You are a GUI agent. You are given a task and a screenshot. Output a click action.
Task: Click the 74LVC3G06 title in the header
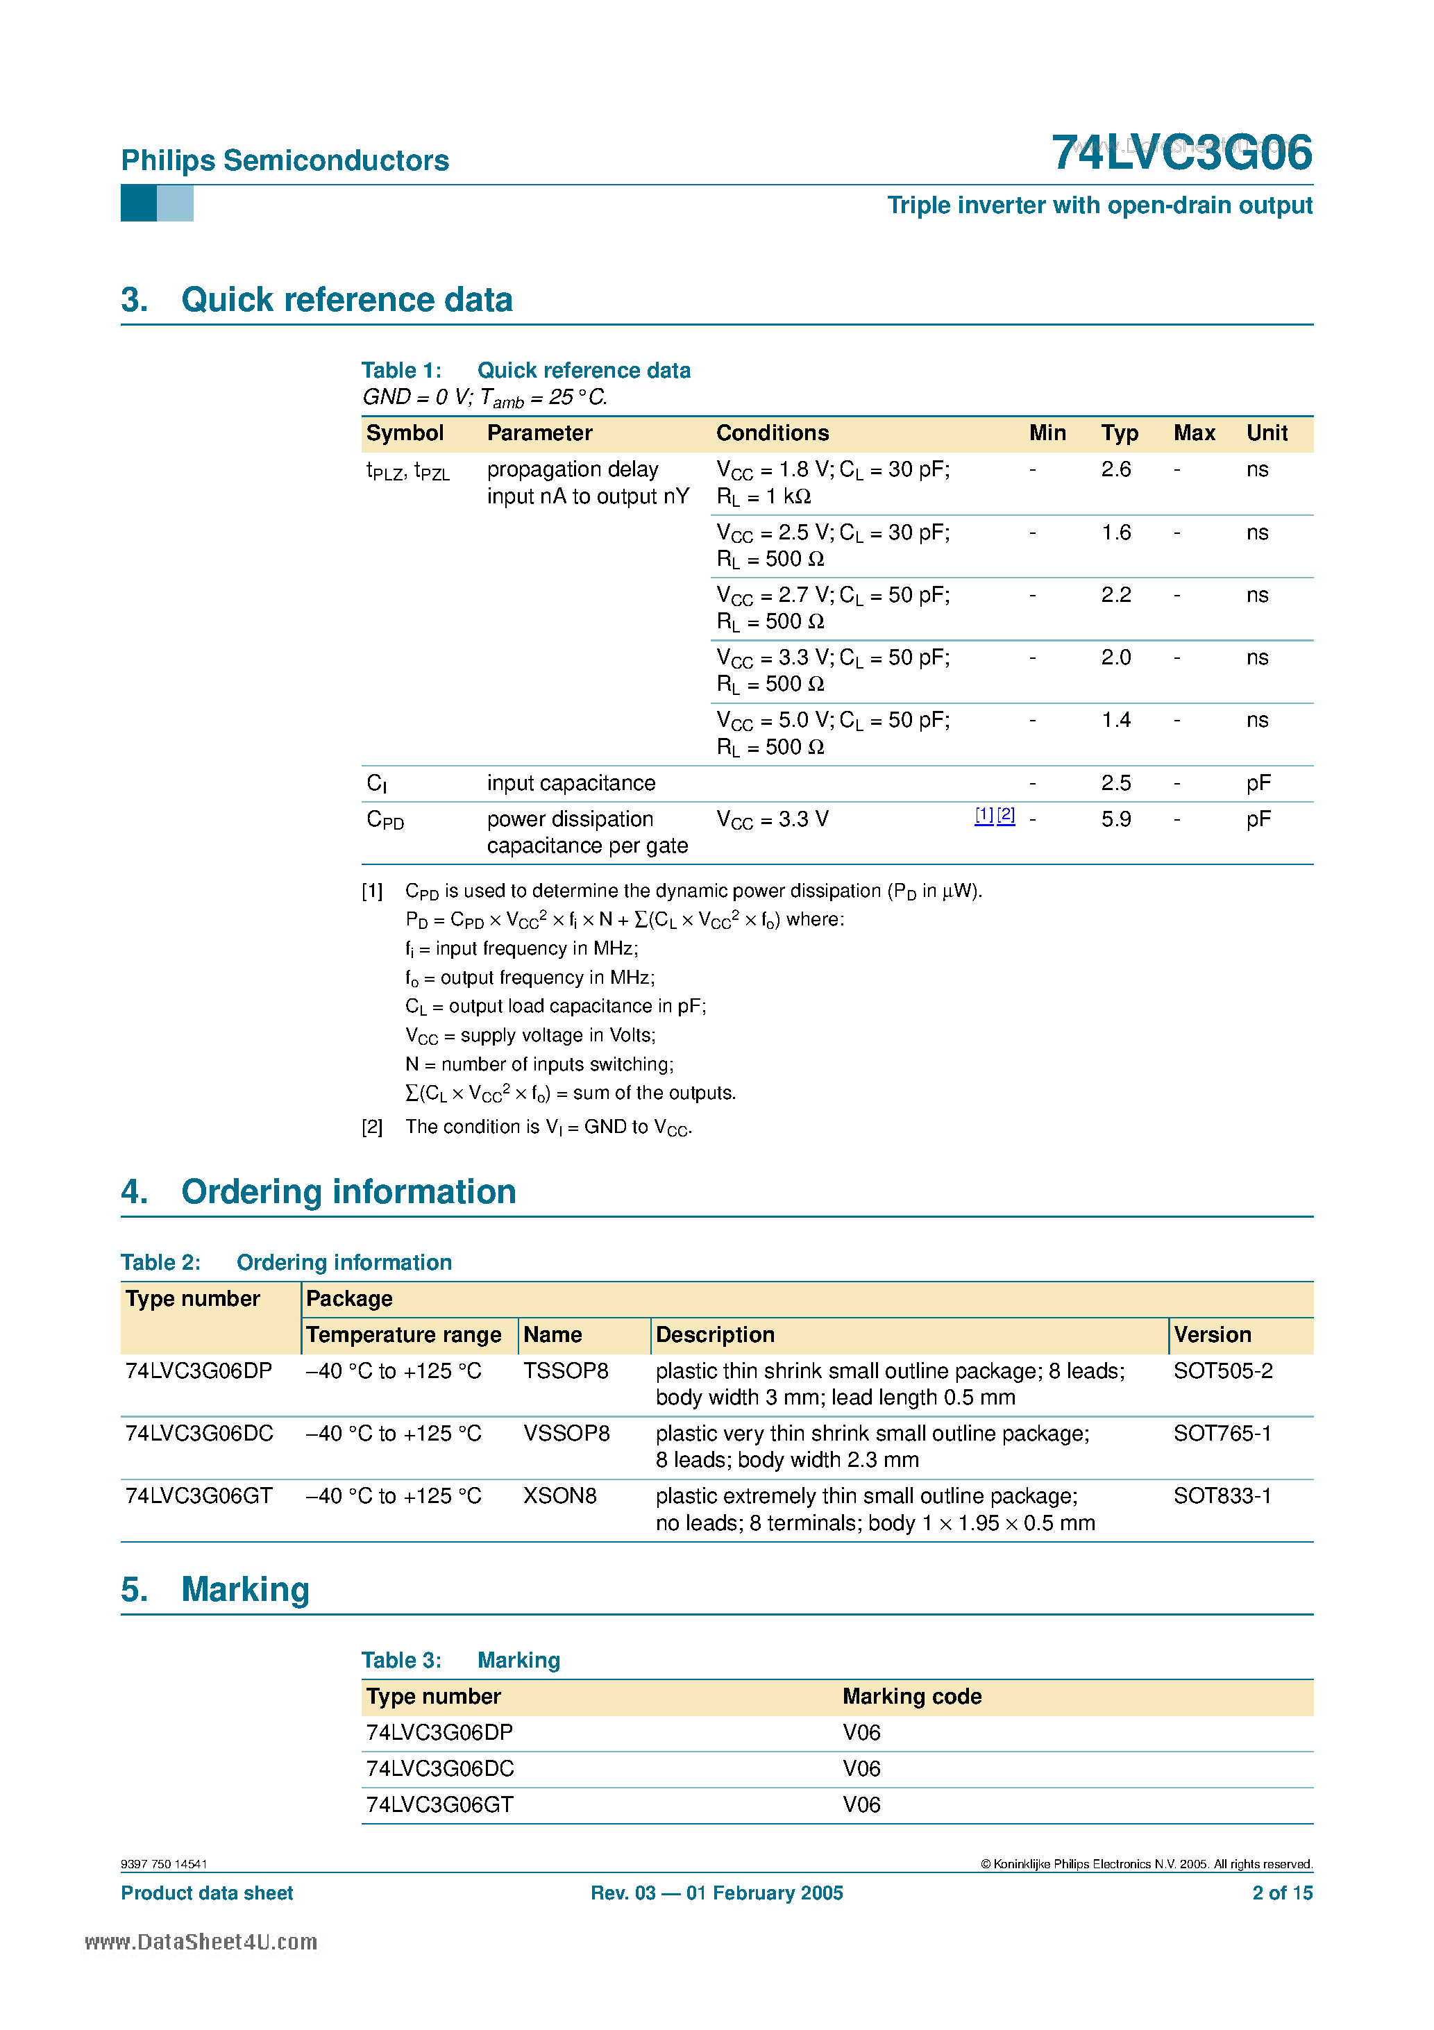(x=1181, y=153)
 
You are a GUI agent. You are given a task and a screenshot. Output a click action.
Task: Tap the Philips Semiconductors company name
(x=285, y=161)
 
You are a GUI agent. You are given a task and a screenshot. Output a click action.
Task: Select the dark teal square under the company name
(x=138, y=203)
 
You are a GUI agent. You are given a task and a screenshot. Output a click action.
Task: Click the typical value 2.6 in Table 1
(x=1115, y=469)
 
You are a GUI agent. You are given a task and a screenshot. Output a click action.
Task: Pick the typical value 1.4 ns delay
(x=1115, y=721)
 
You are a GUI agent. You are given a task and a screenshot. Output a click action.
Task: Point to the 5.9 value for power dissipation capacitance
(x=1115, y=820)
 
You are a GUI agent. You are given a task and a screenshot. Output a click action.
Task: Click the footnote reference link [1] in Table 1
(x=983, y=815)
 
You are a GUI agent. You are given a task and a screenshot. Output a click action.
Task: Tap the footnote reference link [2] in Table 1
(x=1006, y=815)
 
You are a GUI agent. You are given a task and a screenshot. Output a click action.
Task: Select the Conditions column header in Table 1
(x=772, y=433)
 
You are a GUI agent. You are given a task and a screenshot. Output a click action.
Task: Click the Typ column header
(x=1120, y=433)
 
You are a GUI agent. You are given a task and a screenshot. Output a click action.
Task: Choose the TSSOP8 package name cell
(x=566, y=1371)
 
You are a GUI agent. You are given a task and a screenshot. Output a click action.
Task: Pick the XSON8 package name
(x=559, y=1496)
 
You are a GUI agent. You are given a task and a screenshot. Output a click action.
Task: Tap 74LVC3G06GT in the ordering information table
(x=199, y=1496)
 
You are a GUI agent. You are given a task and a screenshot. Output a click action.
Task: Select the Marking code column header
(x=911, y=1697)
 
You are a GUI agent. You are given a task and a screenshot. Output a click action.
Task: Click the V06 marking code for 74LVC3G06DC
(x=861, y=1769)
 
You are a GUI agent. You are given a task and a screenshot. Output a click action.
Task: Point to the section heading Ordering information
(x=348, y=1192)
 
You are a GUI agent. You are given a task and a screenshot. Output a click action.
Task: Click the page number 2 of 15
(x=1282, y=1893)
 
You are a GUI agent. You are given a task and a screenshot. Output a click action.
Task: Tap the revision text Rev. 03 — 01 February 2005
(x=716, y=1893)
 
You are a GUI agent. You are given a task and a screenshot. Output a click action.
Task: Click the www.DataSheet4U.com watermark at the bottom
(x=201, y=1942)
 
